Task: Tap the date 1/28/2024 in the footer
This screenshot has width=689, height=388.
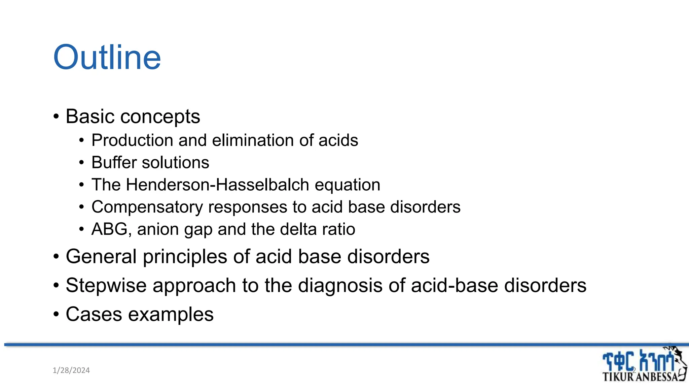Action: click(x=71, y=370)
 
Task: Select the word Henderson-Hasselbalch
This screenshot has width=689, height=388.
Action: click(x=217, y=185)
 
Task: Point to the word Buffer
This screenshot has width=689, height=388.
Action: click(x=114, y=162)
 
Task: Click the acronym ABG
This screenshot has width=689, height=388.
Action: click(x=109, y=229)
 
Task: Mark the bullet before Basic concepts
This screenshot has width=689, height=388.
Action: click(x=56, y=117)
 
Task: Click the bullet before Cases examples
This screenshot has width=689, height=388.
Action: click(x=56, y=315)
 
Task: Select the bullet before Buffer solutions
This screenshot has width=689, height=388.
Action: click(x=81, y=163)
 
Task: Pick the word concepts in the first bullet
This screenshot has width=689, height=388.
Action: click(x=160, y=117)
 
